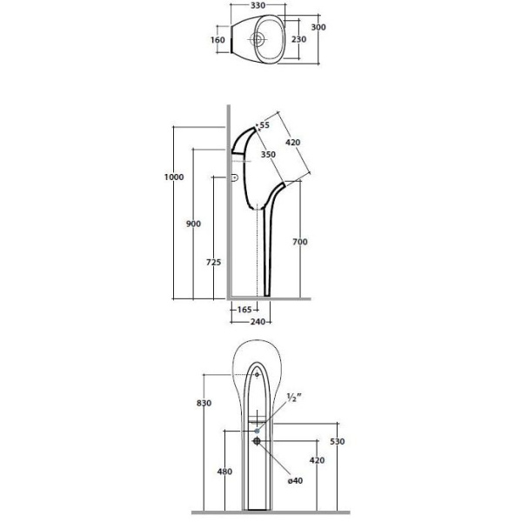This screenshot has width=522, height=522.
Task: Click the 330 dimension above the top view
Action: pos(258,6)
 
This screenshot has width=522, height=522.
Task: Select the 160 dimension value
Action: pos(217,40)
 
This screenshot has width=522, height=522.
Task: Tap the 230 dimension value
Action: pos(299,39)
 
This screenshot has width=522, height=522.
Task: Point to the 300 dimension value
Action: pos(318,27)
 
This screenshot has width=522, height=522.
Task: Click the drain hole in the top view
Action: pos(258,39)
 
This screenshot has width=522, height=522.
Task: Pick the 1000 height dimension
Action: pos(174,177)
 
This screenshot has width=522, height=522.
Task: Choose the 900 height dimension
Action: pos(193,224)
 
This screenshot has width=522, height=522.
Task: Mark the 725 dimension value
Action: pos(213,263)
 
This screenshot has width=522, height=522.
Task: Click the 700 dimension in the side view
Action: pos(300,242)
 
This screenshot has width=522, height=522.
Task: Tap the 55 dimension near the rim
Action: pos(264,125)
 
